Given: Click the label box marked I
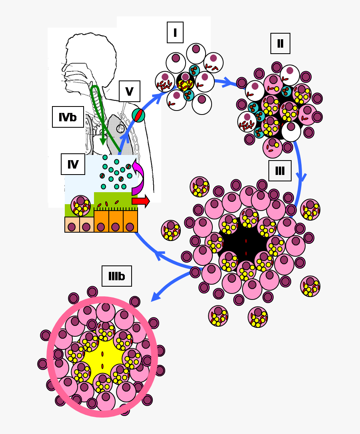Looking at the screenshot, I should (175, 32).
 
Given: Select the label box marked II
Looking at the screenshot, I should (280, 43).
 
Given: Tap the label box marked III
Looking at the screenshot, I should (280, 171).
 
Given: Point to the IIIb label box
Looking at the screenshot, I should (116, 276).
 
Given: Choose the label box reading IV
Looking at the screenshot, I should (73, 164).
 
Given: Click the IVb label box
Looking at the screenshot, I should (68, 117).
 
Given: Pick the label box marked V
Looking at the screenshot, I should (129, 91).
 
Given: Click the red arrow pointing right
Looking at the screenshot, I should (141, 201).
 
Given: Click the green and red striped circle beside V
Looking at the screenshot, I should (138, 115).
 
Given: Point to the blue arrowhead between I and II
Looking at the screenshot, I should (229, 83).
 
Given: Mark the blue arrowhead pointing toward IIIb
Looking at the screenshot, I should (156, 296).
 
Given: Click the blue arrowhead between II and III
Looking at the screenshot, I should (300, 177).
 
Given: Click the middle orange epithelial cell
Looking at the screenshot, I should (116, 222).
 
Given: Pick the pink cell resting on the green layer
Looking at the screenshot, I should (80, 205).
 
